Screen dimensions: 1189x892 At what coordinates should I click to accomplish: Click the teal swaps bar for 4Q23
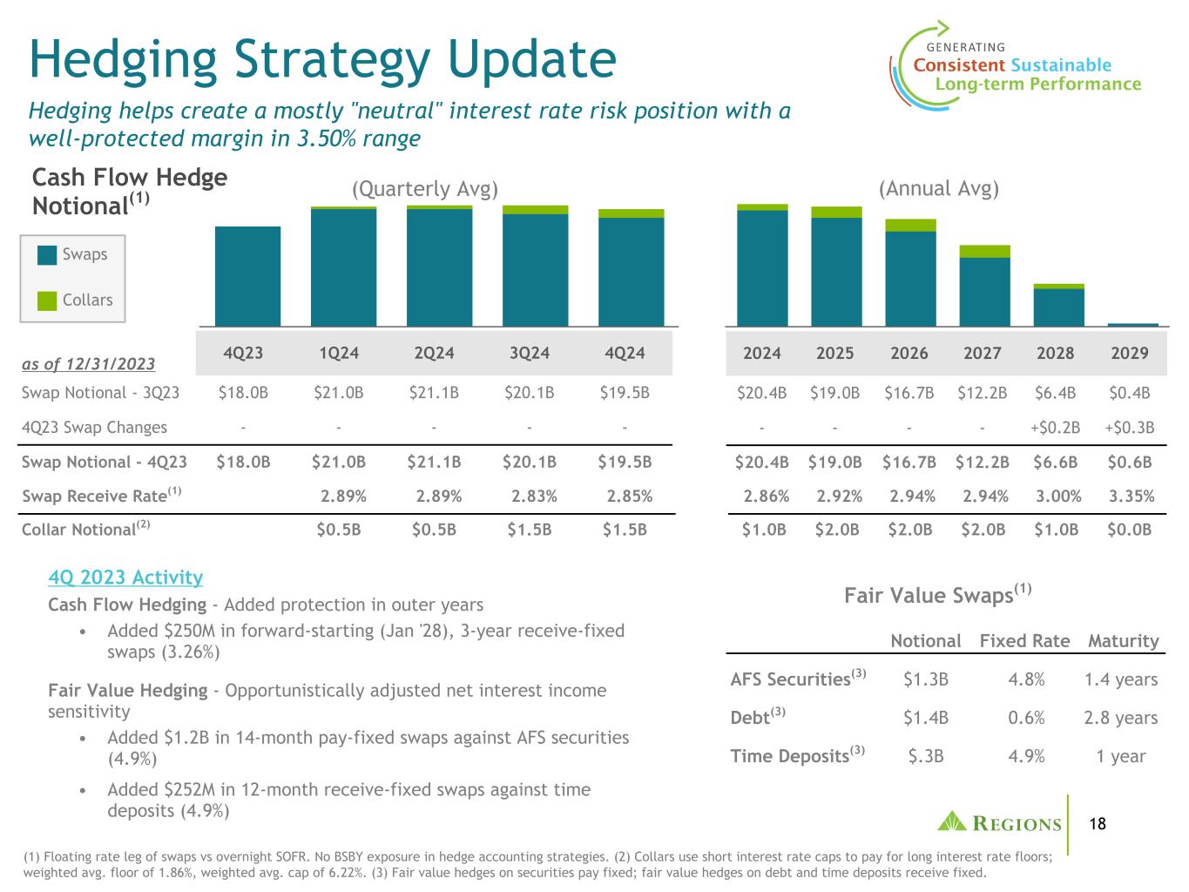pyautogui.click(x=247, y=276)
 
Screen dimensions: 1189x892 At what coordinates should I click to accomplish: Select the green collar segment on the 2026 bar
pyautogui.click(x=910, y=226)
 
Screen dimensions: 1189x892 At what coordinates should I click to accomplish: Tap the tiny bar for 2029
pyautogui.click(x=1132, y=325)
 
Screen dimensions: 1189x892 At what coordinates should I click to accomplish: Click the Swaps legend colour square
pyautogui.click(x=47, y=255)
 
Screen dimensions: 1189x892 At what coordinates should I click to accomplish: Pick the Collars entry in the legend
pyautogui.click(x=75, y=300)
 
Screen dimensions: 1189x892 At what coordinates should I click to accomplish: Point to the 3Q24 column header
pyautogui.click(x=530, y=353)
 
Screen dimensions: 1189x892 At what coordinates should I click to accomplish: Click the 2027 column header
pyautogui.click(x=982, y=353)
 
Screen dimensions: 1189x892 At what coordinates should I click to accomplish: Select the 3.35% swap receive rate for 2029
pyautogui.click(x=1132, y=497)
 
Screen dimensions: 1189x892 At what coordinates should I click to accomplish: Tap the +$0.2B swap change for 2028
pyautogui.click(x=1055, y=428)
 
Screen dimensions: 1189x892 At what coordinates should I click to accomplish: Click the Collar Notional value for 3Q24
pyautogui.click(x=530, y=529)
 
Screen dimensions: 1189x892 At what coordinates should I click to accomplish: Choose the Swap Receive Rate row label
pyautogui.click(x=102, y=495)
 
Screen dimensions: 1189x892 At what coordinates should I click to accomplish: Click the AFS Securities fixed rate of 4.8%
pyautogui.click(x=1026, y=679)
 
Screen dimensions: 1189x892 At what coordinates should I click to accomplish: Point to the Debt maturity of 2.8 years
pyautogui.click(x=1121, y=718)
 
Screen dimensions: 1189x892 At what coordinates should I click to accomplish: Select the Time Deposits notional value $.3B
pyautogui.click(x=926, y=756)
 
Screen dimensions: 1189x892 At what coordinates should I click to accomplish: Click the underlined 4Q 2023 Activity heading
pyautogui.click(x=125, y=578)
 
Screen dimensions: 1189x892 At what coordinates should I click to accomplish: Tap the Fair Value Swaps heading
pyautogui.click(x=937, y=594)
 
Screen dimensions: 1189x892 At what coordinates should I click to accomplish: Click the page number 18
pyautogui.click(x=1098, y=824)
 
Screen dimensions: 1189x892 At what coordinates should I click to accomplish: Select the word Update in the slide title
pyautogui.click(x=532, y=60)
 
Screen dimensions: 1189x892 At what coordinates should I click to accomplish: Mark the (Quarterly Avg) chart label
pyautogui.click(x=425, y=189)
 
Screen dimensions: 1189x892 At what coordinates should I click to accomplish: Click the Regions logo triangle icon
pyautogui.click(x=952, y=821)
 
